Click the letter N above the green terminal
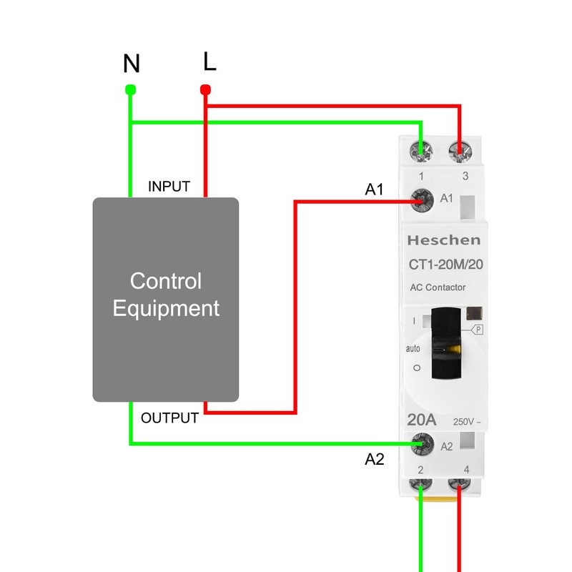coord(131,64)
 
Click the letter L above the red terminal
coord(209,61)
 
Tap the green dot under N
coord(130,89)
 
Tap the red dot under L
coord(205,89)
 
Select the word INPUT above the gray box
coord(169,187)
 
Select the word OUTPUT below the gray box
coord(169,418)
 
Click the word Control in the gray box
coord(165,281)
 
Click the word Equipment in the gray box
coord(166,309)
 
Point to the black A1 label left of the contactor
coord(375,189)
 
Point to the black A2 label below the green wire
coord(375,459)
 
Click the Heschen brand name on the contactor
coord(444,240)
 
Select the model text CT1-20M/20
coord(445,265)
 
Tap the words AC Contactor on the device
coord(438,287)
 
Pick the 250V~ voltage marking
coord(466,422)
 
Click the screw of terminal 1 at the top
coord(422,152)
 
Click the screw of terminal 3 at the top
coord(460,152)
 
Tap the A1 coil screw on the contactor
coord(423,199)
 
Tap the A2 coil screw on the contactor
coord(423,445)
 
